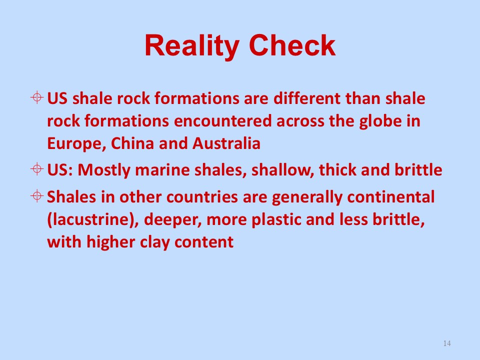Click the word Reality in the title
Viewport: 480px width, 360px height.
191,46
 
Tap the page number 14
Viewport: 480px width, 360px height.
447,343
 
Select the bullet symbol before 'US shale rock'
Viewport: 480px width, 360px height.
36,97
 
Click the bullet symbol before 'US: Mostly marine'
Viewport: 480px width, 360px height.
36,168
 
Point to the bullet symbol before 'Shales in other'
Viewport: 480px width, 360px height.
36,195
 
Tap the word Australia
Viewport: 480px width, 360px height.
226,143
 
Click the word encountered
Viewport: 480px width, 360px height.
223,121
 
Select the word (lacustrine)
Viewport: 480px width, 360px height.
93,219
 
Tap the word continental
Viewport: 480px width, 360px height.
390,197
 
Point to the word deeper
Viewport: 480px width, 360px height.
172,220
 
